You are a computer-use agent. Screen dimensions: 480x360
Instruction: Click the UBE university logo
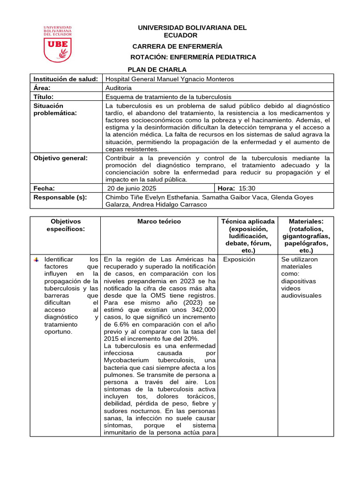click(58, 44)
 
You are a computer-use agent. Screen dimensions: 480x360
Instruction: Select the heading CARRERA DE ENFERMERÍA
click(177, 46)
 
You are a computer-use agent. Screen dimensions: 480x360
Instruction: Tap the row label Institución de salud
click(66, 79)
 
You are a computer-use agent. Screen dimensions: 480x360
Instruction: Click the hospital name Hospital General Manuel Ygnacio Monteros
click(170, 79)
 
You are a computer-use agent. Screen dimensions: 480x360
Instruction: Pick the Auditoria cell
click(119, 88)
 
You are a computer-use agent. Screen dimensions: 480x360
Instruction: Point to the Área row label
click(42, 88)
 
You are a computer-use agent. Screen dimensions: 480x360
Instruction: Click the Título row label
click(43, 97)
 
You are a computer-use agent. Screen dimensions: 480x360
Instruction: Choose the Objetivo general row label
click(60, 158)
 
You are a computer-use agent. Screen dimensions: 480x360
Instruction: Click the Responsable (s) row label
click(60, 197)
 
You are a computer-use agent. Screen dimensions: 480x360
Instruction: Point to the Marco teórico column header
click(159, 221)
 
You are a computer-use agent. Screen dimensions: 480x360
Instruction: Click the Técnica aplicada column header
click(248, 221)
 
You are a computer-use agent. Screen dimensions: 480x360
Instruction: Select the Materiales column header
click(305, 221)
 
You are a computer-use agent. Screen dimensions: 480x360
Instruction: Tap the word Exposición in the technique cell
click(239, 259)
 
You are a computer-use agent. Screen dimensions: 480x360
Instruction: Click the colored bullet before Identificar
click(37, 259)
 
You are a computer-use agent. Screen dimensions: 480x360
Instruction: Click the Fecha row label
click(44, 188)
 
